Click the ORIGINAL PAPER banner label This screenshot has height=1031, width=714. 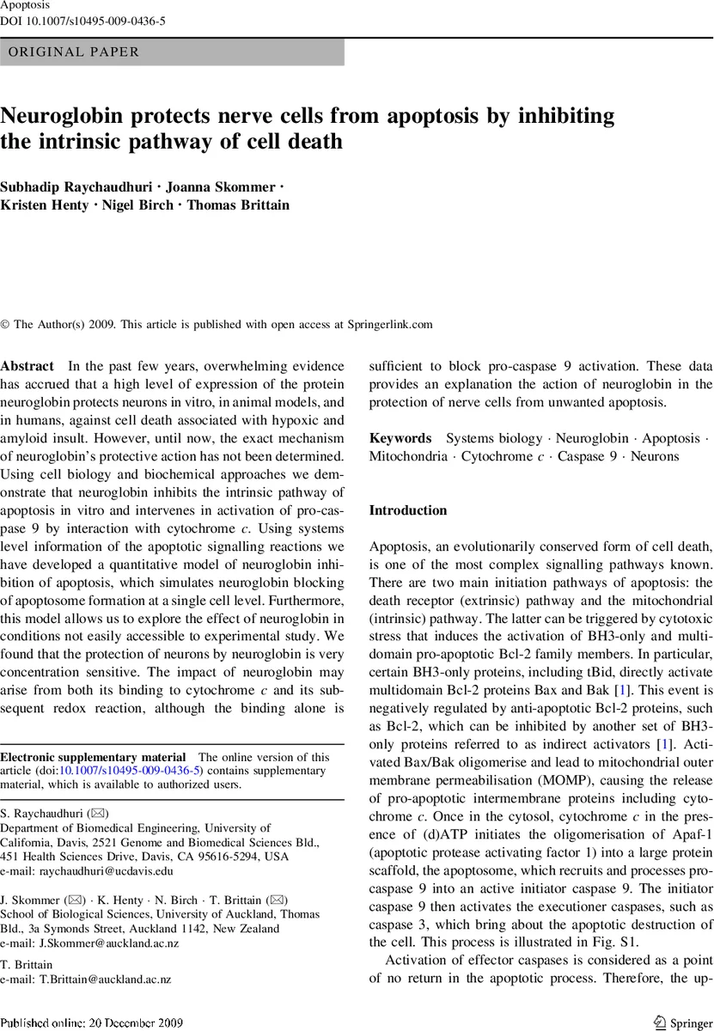(73, 52)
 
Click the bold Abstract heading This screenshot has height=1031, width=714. (27, 365)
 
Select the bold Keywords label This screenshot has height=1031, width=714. (400, 438)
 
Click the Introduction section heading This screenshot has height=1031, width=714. (408, 510)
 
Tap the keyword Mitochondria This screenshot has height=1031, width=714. (408, 457)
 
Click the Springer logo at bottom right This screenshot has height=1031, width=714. (682, 1022)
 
